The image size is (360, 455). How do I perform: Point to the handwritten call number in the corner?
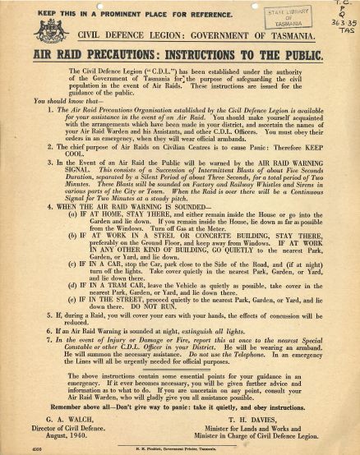click(344, 16)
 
